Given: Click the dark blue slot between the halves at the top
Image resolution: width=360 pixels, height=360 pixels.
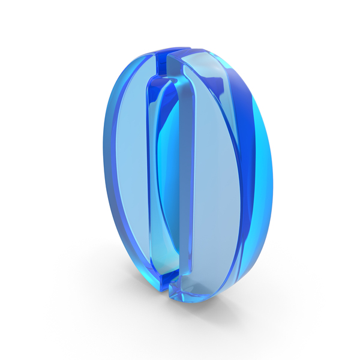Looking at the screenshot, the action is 161,64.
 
